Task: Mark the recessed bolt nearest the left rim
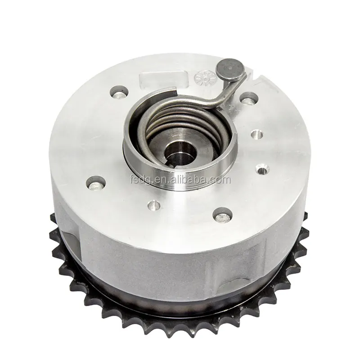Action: click(x=96, y=182)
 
